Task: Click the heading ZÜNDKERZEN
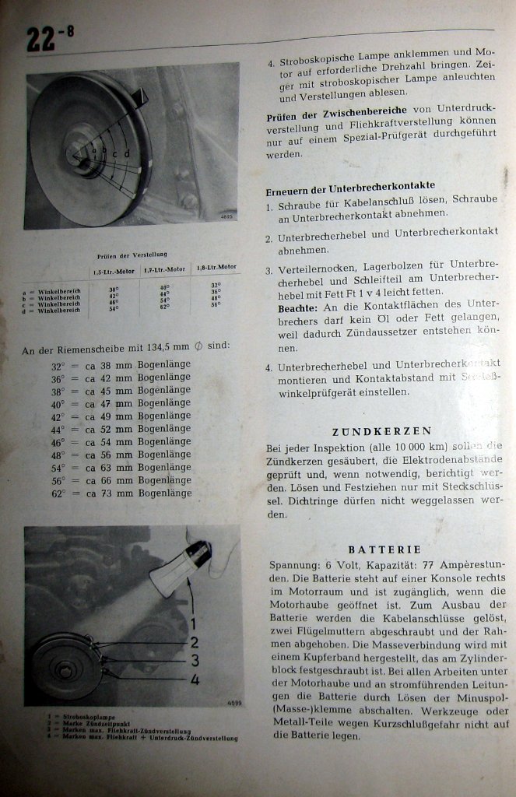(381, 430)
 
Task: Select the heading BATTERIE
(384, 549)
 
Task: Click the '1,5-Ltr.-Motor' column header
(114, 270)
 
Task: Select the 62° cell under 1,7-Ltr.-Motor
(164, 307)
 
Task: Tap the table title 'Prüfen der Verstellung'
(132, 255)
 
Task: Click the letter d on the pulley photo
(127, 153)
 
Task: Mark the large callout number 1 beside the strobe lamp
(194, 623)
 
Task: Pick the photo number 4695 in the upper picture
(226, 218)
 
